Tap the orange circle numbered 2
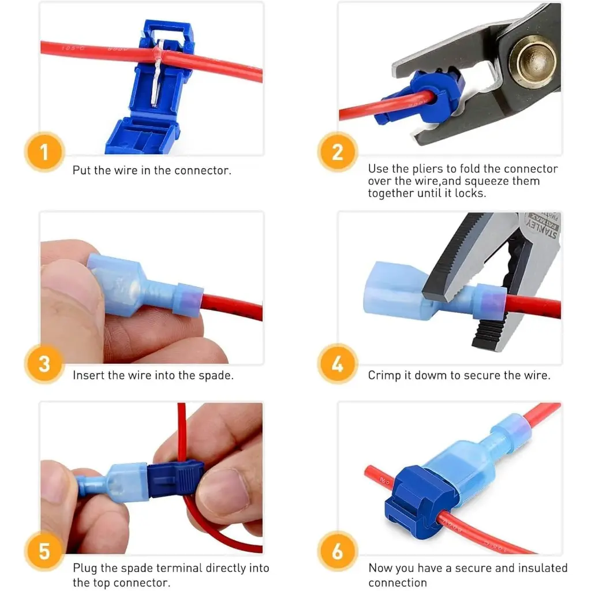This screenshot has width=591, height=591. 338,153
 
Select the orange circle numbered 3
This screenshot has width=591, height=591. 44,364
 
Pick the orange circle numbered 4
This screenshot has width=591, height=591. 338,364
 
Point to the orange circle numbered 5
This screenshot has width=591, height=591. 44,551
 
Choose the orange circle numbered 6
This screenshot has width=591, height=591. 338,551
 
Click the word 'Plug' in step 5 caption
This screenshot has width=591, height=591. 84,568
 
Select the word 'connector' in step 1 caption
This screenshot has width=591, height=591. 205,171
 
